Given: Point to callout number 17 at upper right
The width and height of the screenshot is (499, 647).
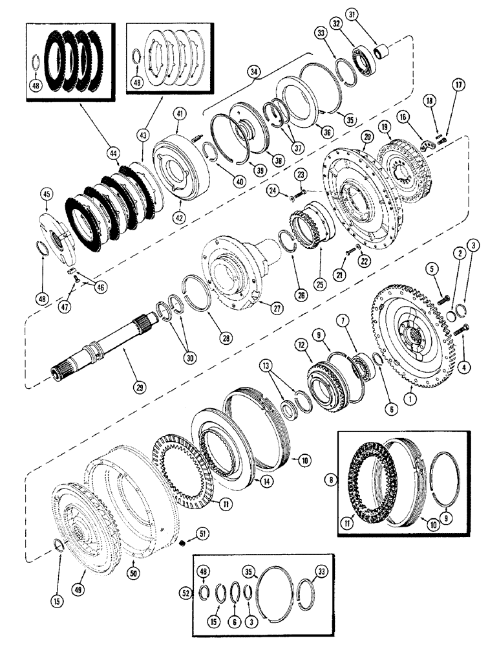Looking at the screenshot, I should coord(458,83).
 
